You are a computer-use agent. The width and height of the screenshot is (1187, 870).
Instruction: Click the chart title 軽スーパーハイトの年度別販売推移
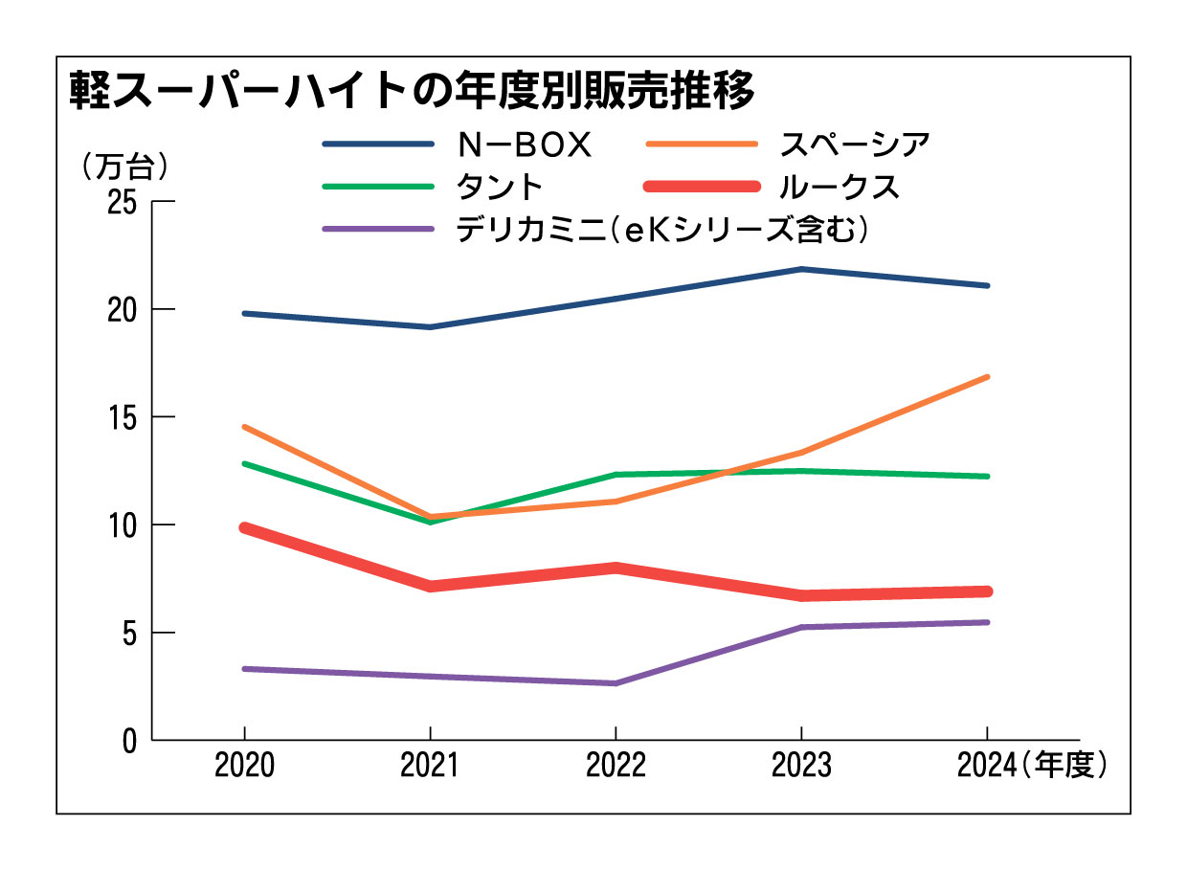point(412,94)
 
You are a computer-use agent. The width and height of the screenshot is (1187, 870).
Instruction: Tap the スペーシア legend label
point(854,145)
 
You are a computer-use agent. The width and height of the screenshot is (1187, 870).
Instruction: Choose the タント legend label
point(500,187)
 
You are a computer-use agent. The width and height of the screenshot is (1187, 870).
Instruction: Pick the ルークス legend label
point(840,187)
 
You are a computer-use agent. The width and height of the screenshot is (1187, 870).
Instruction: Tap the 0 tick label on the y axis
point(130,740)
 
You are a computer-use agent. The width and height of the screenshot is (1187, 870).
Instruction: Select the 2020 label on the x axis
point(244,767)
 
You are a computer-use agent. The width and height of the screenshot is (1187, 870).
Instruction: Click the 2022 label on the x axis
point(615,767)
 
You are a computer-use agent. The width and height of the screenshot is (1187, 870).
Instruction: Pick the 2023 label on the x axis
point(801,767)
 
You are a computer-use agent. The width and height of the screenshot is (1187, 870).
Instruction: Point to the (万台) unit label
point(125,167)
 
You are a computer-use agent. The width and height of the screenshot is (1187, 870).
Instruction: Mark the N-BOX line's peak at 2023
point(801,269)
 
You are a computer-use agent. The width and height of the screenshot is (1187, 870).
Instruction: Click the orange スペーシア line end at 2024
point(987,377)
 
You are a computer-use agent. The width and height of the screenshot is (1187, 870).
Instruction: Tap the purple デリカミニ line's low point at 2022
point(615,683)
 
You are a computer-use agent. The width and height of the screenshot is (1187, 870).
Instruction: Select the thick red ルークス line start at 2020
point(245,527)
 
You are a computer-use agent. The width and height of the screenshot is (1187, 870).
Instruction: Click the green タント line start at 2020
point(244,463)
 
